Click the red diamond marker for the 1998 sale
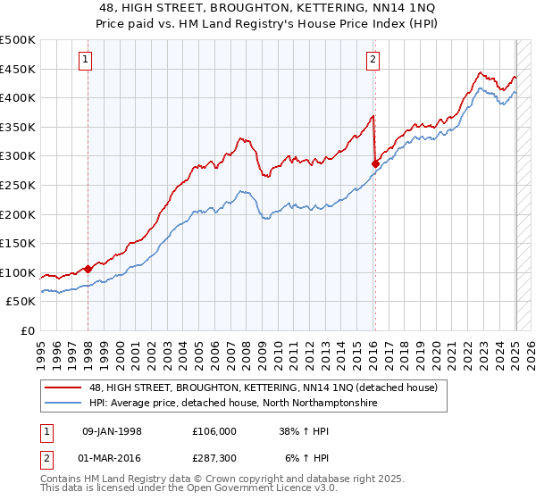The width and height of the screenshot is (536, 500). pyautogui.click(x=88, y=269)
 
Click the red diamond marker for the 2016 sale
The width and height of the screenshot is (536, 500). pyautogui.click(x=375, y=163)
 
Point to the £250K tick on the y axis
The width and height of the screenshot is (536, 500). pyautogui.click(x=18, y=185)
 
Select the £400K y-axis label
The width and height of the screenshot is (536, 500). pyautogui.click(x=18, y=97)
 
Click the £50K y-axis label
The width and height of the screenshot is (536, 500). pyautogui.click(x=21, y=302)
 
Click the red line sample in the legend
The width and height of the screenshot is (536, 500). pyautogui.click(x=63, y=387)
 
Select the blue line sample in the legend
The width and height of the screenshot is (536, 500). pyautogui.click(x=63, y=404)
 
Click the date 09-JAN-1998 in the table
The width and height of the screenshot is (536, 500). pyautogui.click(x=112, y=431)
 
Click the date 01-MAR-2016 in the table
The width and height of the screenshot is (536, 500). pyautogui.click(x=112, y=458)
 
